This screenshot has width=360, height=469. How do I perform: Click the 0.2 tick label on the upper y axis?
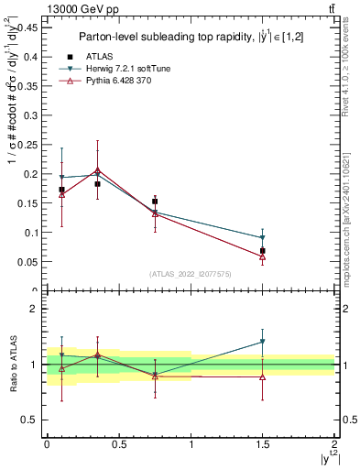31,174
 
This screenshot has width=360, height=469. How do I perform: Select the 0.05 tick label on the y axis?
27,262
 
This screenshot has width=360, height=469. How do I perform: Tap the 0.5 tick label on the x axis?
118,443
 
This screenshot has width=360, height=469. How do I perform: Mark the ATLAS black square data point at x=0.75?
155,201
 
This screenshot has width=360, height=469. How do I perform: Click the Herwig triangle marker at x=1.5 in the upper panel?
263,238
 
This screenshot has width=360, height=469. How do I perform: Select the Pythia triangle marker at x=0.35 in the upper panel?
98,170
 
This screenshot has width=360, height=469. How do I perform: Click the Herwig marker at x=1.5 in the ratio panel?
263,342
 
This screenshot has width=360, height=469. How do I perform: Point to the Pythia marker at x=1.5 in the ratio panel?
263,377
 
